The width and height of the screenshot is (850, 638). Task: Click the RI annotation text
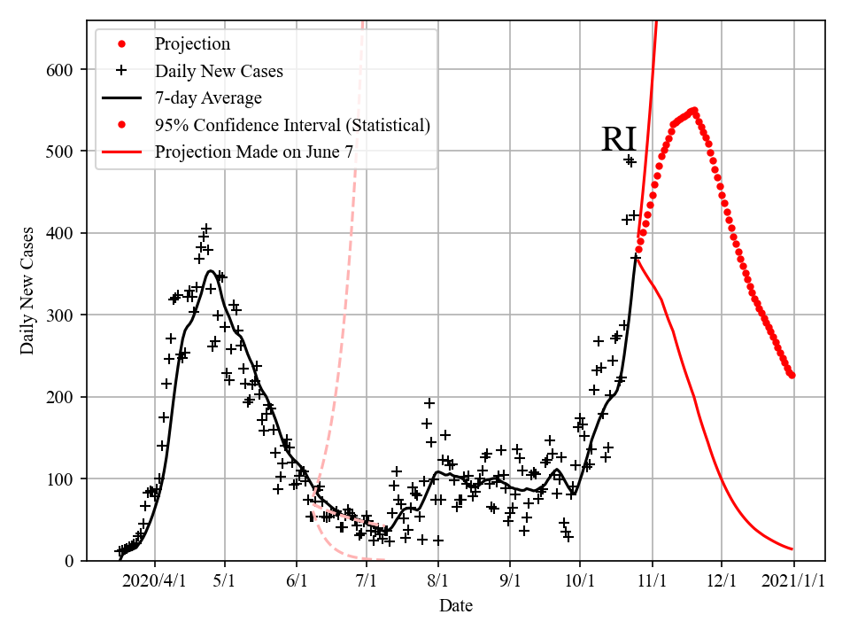(x=619, y=141)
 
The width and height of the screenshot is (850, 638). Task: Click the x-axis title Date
(x=455, y=606)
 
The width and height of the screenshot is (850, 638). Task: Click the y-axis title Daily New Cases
(x=27, y=291)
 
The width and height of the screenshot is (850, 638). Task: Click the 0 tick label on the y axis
(x=70, y=561)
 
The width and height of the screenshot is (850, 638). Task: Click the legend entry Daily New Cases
(x=219, y=71)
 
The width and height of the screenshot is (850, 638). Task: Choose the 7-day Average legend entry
(x=208, y=97)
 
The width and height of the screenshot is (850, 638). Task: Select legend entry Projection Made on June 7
(x=254, y=152)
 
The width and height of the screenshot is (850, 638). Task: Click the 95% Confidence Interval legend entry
(x=292, y=125)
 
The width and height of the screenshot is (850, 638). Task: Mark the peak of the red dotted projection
(x=694, y=111)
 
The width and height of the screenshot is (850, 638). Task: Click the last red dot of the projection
(x=792, y=376)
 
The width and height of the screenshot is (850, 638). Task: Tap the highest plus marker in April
(x=206, y=229)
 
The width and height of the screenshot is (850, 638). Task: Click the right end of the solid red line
(x=792, y=549)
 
